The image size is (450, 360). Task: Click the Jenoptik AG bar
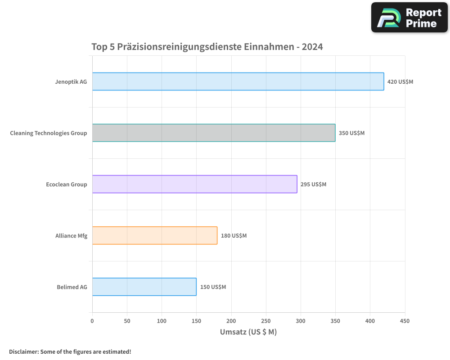238,81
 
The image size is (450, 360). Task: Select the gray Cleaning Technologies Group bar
214,133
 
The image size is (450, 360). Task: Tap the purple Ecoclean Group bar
194,184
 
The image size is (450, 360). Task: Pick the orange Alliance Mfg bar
155,235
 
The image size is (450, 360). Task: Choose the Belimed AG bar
144,287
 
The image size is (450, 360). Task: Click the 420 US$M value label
400,82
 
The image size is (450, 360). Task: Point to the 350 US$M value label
351,133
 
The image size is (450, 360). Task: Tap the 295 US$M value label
313,184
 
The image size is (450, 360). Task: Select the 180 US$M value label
234,236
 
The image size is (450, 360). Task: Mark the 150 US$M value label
213,287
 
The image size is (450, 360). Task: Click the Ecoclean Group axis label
67,184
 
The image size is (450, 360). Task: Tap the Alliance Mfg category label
71,236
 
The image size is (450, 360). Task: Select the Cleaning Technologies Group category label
49,133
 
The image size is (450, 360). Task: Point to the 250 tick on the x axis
266,321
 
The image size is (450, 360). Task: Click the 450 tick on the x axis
405,321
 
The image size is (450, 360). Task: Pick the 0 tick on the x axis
92,321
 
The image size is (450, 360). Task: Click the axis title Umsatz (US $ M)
248,332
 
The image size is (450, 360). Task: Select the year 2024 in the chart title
312,46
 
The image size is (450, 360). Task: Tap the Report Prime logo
409,18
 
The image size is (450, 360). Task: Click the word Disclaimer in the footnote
23,351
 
